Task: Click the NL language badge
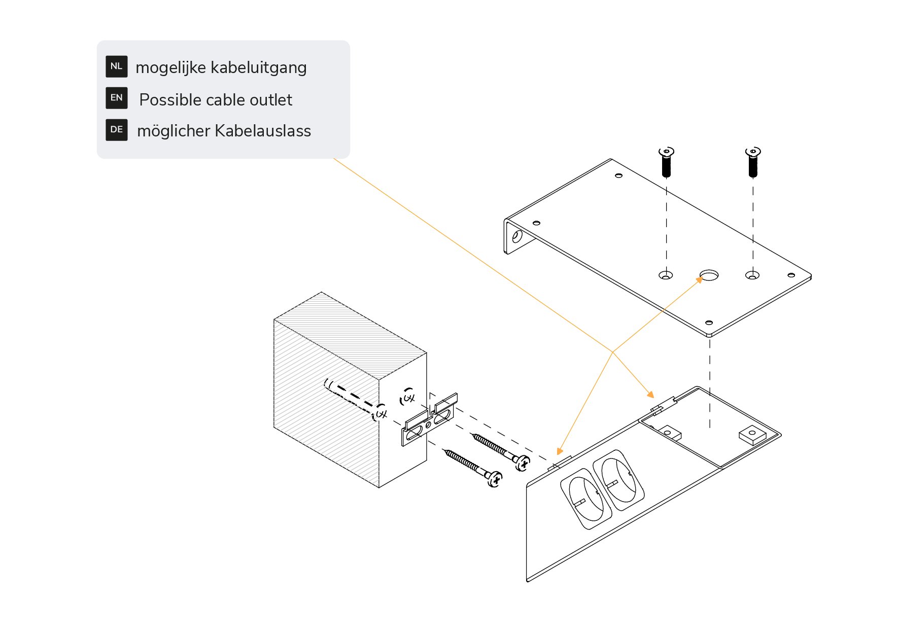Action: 116,66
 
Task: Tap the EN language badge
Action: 116,98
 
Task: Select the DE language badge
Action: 116,130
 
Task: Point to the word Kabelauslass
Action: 263,131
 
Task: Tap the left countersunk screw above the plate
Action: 666,161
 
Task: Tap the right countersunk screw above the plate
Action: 753,161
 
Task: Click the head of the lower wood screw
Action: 495,478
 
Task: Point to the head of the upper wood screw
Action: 523,462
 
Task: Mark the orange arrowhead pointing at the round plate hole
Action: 700,279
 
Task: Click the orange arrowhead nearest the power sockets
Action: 559,451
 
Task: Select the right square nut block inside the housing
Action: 751,435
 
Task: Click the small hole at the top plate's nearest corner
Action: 709,323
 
